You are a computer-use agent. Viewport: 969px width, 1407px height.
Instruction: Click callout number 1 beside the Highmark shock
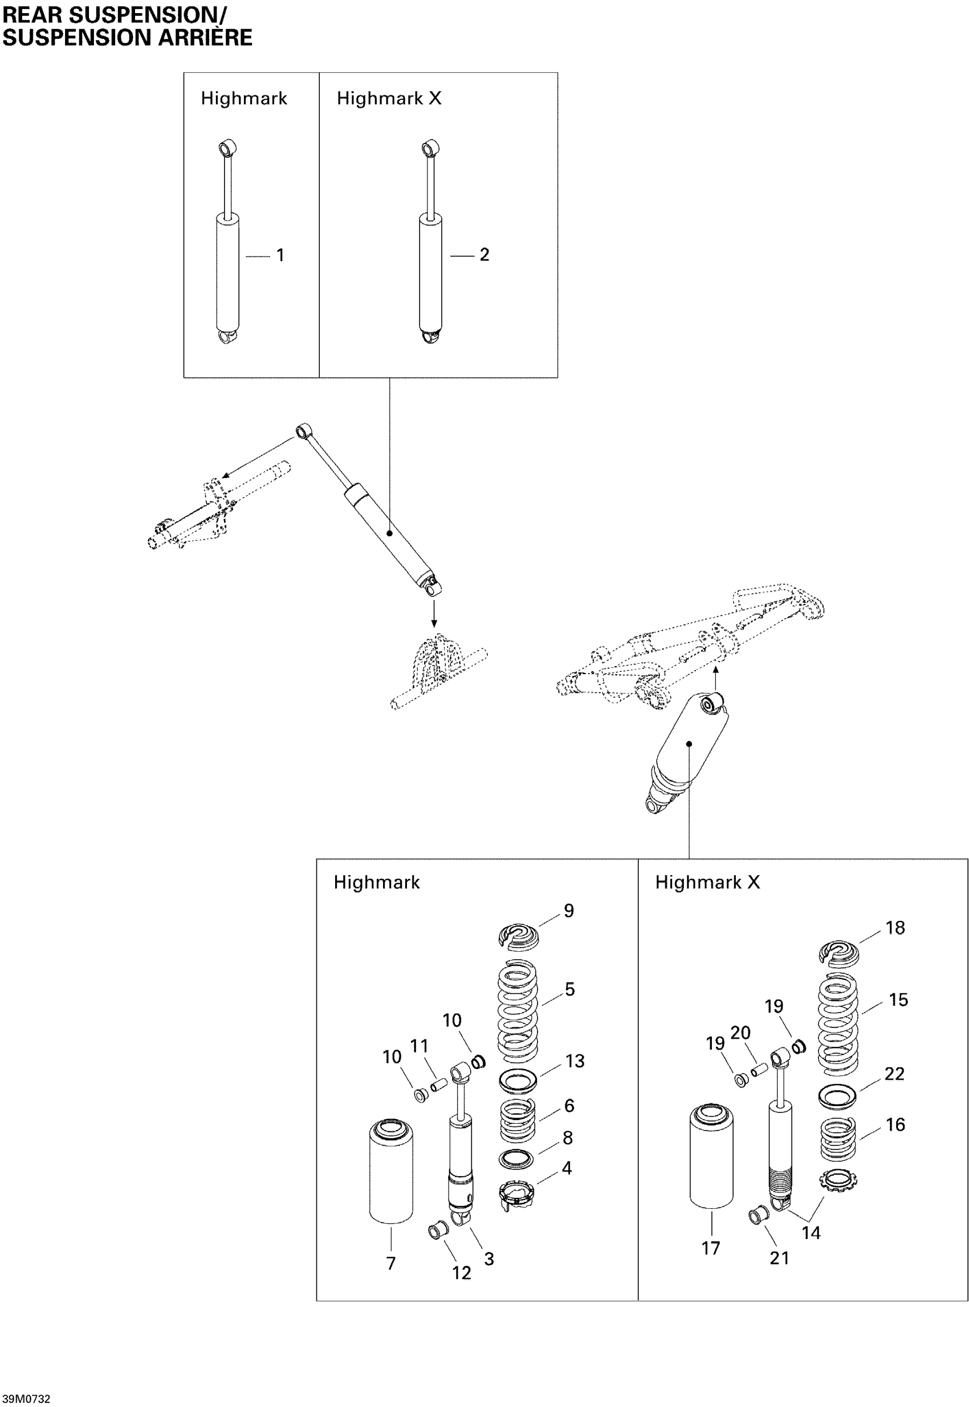280,255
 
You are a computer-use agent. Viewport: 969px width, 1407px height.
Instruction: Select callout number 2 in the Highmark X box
484,254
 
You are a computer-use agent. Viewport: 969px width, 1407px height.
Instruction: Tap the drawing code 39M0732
26,1398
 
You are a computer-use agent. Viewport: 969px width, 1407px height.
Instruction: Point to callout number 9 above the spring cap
568,911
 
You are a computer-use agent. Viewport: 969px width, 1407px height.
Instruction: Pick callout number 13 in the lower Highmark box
575,1061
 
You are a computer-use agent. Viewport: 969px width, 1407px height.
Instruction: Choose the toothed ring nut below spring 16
838,1180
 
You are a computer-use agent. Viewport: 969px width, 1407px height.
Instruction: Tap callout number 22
894,1074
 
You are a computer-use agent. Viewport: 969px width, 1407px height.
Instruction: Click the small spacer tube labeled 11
438,1083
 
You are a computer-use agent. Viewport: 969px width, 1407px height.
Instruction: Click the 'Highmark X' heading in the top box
389,99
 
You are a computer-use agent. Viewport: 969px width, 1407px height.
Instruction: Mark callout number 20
740,1033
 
